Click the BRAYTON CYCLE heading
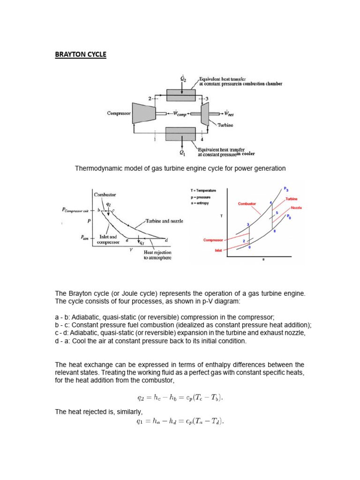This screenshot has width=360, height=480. pyautogui.click(x=81, y=55)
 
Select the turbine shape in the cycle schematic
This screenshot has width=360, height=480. pyautogui.click(x=205, y=114)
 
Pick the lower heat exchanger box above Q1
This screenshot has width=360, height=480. pyautogui.click(x=180, y=134)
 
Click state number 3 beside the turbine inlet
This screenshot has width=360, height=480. pyautogui.click(x=206, y=99)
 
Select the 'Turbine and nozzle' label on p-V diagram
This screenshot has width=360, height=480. pyautogui.click(x=164, y=221)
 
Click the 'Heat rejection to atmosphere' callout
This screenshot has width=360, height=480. pyautogui.click(x=157, y=255)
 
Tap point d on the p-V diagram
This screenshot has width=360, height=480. pyautogui.click(x=166, y=240)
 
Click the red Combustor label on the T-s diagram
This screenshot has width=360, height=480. pyautogui.click(x=247, y=204)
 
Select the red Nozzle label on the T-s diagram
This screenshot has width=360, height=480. pyautogui.click(x=296, y=208)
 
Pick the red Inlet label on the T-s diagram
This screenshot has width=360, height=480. pyautogui.click(x=218, y=250)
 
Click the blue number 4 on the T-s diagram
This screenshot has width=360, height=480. pyautogui.click(x=270, y=202)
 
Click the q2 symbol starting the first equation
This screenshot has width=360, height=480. pyautogui.click(x=141, y=397)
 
